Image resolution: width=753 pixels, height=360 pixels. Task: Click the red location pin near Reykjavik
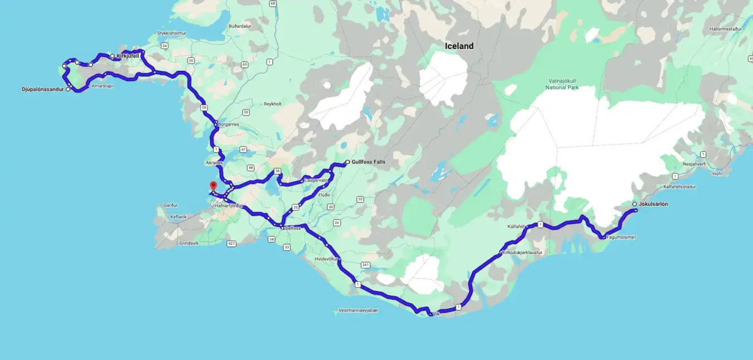coord(213,186)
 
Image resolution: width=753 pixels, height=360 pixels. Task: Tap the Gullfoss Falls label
coord(368,162)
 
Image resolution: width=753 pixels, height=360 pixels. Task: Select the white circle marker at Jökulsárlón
coord(634,204)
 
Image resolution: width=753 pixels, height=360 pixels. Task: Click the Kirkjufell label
coord(128,56)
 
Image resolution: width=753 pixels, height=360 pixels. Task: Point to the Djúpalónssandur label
coord(42,89)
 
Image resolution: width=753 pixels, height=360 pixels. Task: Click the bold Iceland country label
coord(459,46)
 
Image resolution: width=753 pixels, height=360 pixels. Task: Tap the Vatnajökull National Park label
coord(564,84)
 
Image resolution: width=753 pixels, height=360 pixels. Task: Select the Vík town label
coord(436,314)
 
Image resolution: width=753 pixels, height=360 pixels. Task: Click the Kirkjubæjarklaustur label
coord(522,252)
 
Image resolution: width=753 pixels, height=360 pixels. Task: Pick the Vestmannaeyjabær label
coord(358,310)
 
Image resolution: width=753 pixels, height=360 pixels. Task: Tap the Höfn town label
coord(717,174)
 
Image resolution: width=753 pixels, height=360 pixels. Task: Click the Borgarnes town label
coord(228,124)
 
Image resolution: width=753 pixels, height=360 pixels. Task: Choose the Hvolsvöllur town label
coord(327,259)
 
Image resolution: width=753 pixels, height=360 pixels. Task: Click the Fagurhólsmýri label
coord(621,237)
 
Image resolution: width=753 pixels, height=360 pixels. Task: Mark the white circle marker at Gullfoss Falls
coord(347,162)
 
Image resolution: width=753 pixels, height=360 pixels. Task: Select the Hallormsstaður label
coord(726,28)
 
